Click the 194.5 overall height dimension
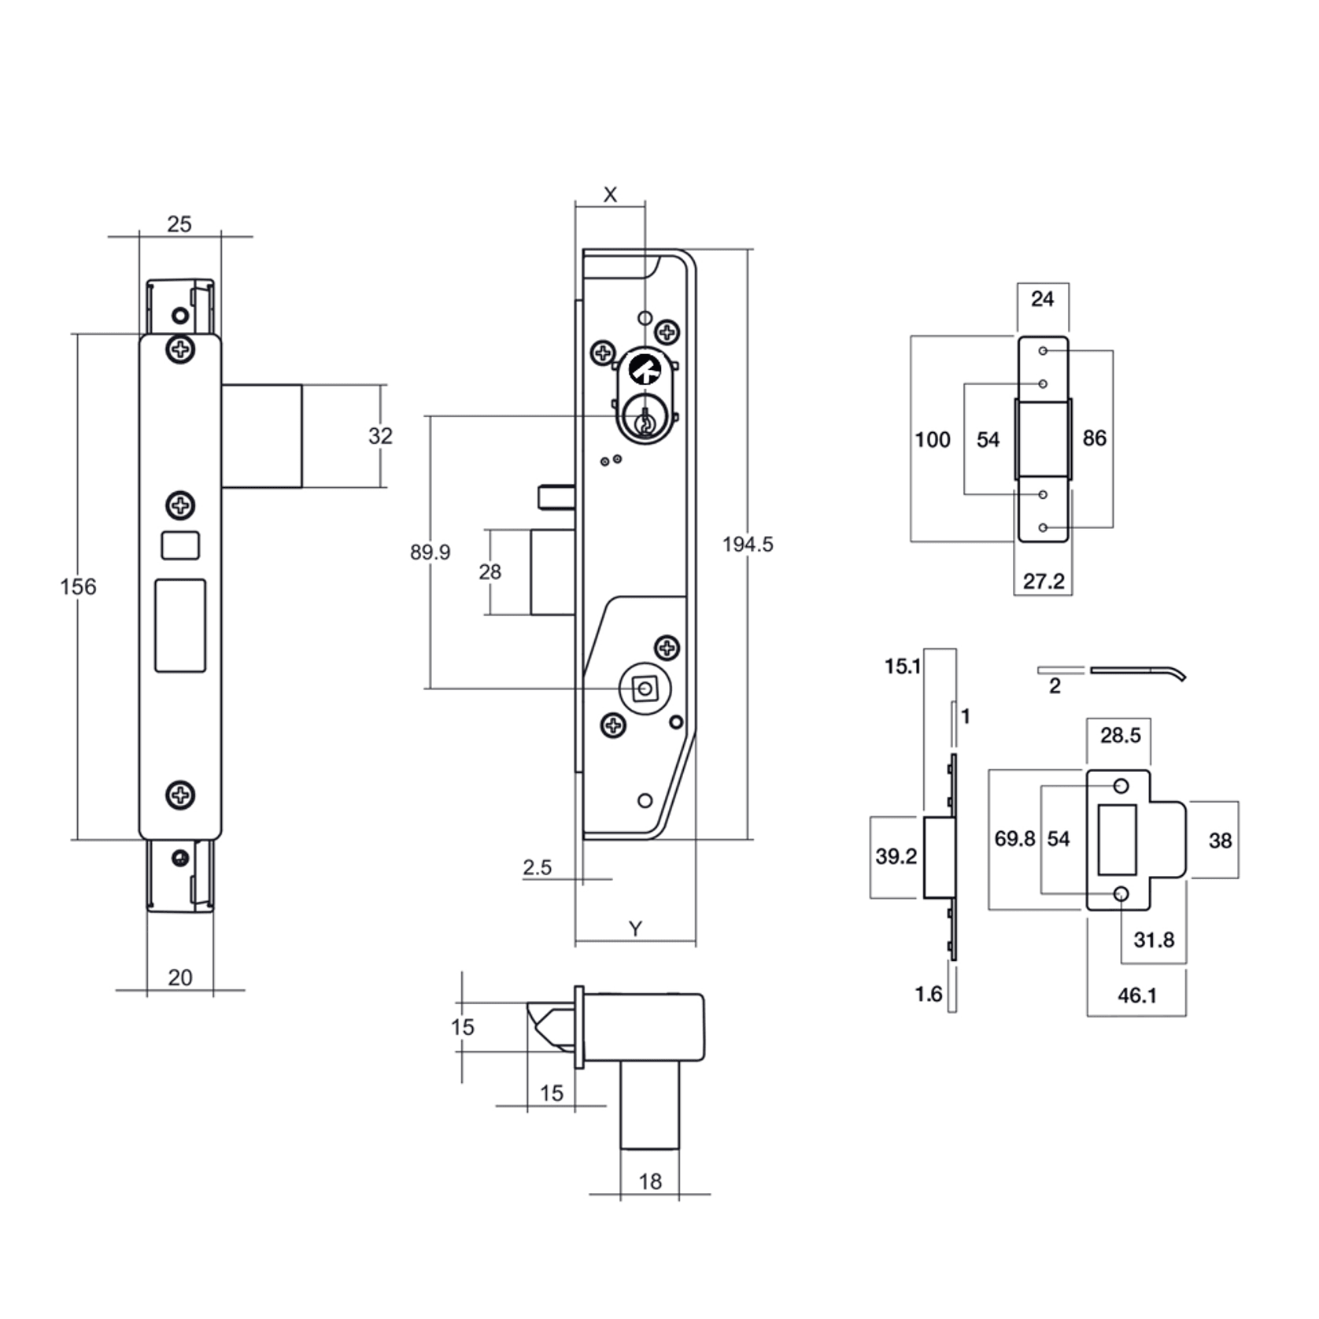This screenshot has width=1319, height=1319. [747, 544]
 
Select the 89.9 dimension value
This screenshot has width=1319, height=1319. [430, 552]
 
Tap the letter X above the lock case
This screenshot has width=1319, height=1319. [610, 194]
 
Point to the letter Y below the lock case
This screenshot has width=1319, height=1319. [635, 929]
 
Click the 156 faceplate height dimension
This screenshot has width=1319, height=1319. [78, 586]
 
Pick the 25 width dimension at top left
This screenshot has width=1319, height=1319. [179, 224]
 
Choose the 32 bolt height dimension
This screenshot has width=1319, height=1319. [380, 435]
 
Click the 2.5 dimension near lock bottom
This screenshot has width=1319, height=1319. [537, 867]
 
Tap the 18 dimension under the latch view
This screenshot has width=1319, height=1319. [650, 1181]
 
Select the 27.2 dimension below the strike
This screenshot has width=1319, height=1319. [1043, 581]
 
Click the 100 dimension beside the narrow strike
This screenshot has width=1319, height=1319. [932, 439]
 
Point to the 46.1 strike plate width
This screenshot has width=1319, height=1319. [1136, 996]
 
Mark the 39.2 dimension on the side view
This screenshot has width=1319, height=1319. [896, 855]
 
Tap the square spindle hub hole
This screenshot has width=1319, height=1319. [645, 689]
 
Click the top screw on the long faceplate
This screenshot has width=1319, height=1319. [180, 349]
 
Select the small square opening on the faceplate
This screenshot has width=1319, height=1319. [180, 545]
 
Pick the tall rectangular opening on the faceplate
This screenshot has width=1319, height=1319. [180, 626]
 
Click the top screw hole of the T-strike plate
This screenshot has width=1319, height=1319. [1121, 786]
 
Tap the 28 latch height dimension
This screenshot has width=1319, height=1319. [490, 572]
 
